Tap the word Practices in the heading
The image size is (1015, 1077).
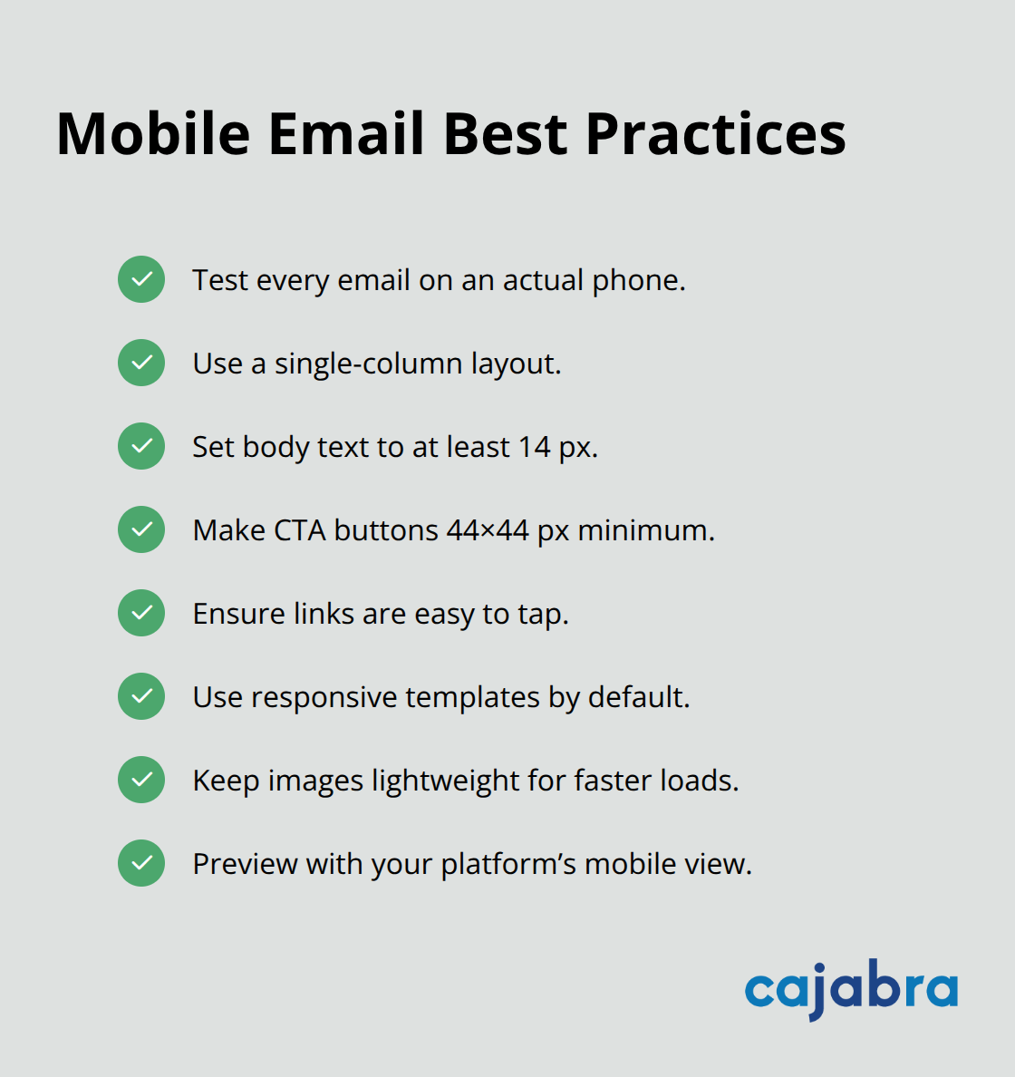click(x=715, y=134)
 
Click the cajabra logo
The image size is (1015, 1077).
click(x=851, y=989)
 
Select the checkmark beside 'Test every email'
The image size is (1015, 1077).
click(x=141, y=279)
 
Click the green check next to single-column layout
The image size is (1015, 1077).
click(x=141, y=363)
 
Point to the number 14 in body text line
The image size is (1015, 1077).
click(x=534, y=447)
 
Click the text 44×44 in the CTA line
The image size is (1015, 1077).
click(x=488, y=530)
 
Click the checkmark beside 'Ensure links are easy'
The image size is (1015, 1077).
click(x=141, y=613)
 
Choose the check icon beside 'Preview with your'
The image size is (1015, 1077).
click(x=141, y=863)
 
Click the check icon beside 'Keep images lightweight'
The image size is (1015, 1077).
click(x=141, y=780)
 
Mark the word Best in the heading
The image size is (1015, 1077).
click(x=506, y=134)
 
